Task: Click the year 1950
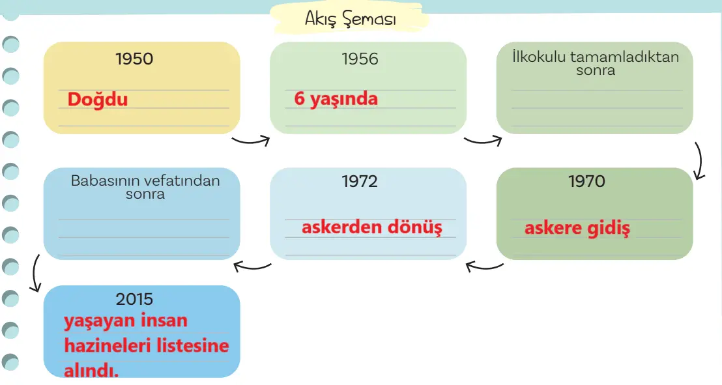134,59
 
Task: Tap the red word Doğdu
97,99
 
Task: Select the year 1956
360,59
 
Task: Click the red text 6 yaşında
336,98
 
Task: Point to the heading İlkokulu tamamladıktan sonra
596,63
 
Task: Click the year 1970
586,181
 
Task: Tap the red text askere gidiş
577,228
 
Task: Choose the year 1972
360,181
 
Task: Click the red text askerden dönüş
371,227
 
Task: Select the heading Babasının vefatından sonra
145,187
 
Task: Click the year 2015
134,299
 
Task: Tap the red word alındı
91,369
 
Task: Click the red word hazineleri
107,345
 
